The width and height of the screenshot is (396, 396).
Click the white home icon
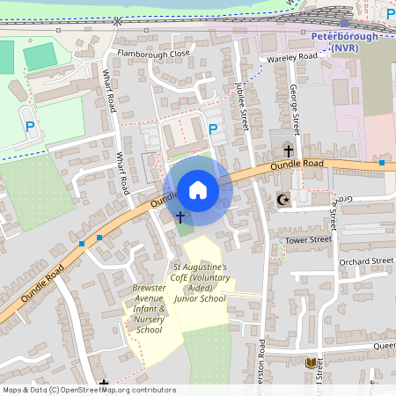(198, 190)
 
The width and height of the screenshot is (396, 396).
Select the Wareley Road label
(292, 57)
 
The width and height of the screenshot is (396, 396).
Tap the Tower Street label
(307, 239)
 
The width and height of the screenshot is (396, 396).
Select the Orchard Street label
(365, 260)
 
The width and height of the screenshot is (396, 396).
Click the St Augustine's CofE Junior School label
(199, 282)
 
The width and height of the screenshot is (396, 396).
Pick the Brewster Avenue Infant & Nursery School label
(149, 309)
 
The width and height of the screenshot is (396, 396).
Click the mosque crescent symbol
(282, 200)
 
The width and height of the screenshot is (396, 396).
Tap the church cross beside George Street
(288, 151)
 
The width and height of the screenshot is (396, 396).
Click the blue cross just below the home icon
(180, 216)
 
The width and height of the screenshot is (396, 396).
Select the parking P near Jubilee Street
(212, 129)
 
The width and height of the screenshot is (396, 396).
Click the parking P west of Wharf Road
(30, 127)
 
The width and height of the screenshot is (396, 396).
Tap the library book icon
(310, 363)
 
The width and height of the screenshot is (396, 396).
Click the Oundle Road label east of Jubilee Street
(297, 164)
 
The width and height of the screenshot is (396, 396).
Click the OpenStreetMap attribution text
(89, 389)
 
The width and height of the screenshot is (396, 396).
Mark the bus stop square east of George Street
(382, 163)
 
